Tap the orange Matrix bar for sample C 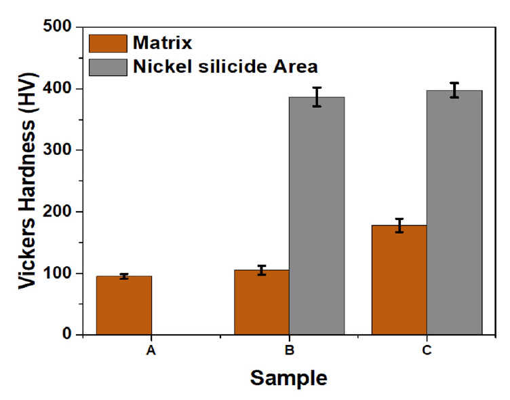399,280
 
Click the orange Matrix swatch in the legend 109,43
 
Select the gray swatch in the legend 109,67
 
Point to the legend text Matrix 163,43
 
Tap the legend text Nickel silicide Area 226,67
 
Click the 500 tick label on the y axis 58,27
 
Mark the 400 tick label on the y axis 58,89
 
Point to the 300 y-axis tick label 58,150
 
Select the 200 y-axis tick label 58,212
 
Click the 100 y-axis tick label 58,274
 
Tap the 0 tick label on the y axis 68,335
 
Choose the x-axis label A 151,351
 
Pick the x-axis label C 427,351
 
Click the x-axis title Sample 288,378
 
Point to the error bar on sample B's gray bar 317,97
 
